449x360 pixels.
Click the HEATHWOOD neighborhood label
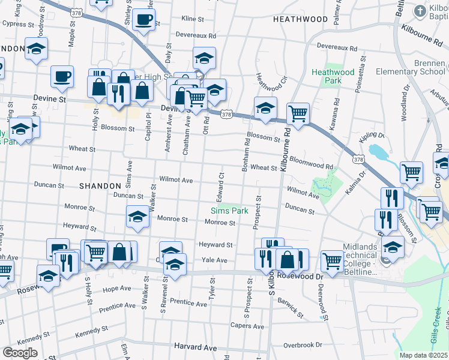300,19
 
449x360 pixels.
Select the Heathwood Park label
333,76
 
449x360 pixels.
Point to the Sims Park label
228,210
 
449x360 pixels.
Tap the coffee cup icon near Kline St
143,19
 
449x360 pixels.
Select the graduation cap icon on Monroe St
137,216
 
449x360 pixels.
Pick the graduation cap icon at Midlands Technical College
393,247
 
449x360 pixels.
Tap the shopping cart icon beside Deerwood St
332,260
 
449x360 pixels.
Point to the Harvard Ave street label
195,347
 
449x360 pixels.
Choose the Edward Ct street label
221,187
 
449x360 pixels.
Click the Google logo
20,353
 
